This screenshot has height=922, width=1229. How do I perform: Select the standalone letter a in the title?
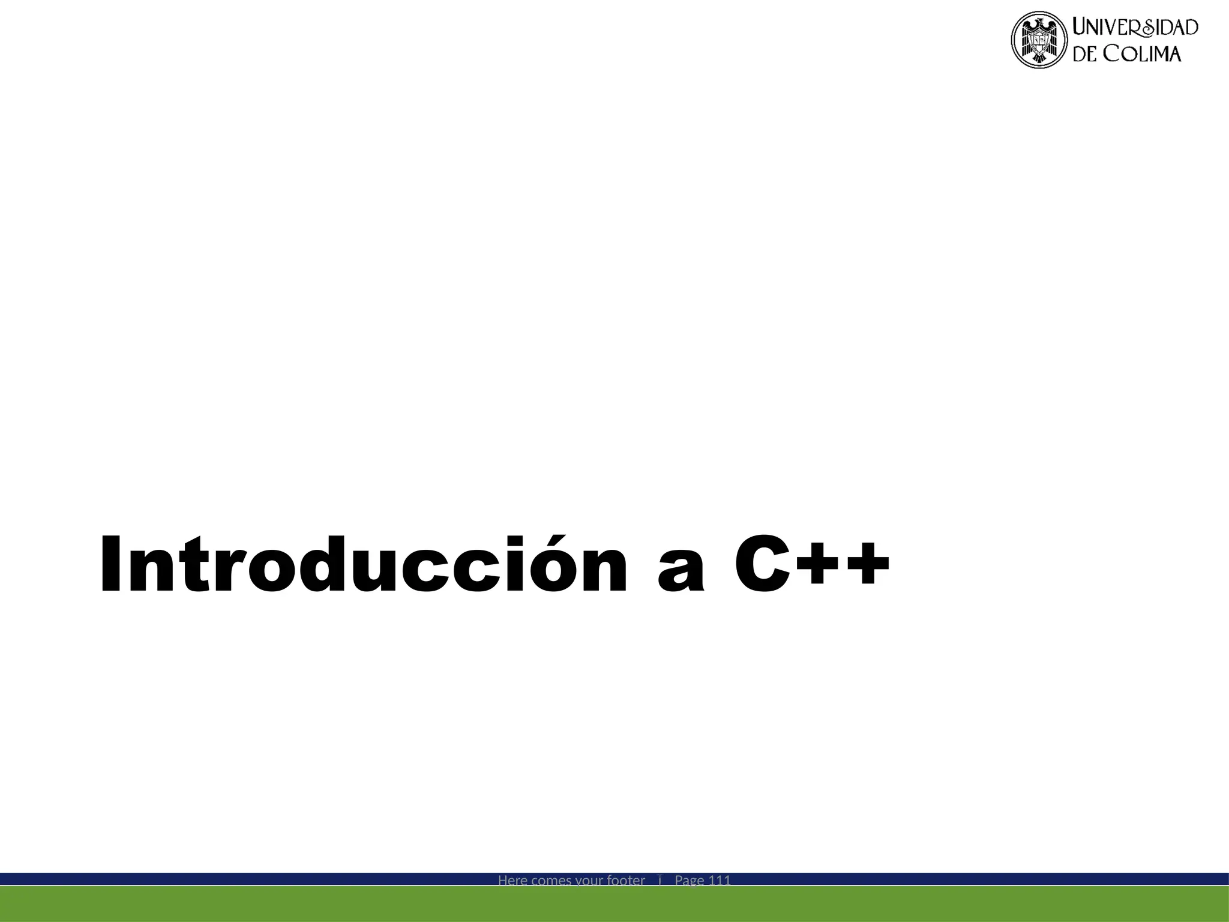(x=681, y=574)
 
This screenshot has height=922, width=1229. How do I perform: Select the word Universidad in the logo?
(x=1135, y=28)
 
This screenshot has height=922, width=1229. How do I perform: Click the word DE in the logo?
(x=1085, y=54)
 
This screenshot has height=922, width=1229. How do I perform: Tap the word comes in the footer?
(x=551, y=881)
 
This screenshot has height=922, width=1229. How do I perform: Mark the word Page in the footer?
(x=690, y=881)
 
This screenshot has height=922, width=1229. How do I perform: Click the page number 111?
(x=720, y=881)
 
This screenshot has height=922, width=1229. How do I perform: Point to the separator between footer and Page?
(x=660, y=880)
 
